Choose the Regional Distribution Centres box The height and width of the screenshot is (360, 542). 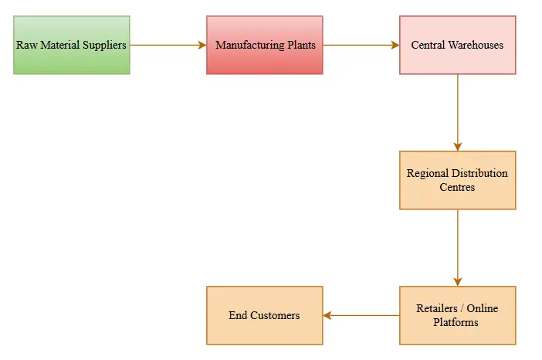tap(457, 180)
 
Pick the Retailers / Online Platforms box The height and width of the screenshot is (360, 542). tap(457, 315)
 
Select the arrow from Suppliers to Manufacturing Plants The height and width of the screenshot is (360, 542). tap(168, 45)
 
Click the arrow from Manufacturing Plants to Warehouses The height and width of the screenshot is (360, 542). tap(361, 45)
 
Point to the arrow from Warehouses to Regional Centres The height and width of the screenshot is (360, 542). tap(458, 112)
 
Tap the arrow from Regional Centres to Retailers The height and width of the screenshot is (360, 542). tap(458, 247)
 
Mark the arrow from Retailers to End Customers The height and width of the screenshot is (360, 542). tap(361, 315)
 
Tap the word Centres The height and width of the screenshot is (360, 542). tap(457, 187)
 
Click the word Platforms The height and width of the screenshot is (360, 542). tap(457, 322)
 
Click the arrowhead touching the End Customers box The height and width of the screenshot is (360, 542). tap(327, 315)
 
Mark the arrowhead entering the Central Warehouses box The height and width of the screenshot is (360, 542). tap(395, 45)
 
